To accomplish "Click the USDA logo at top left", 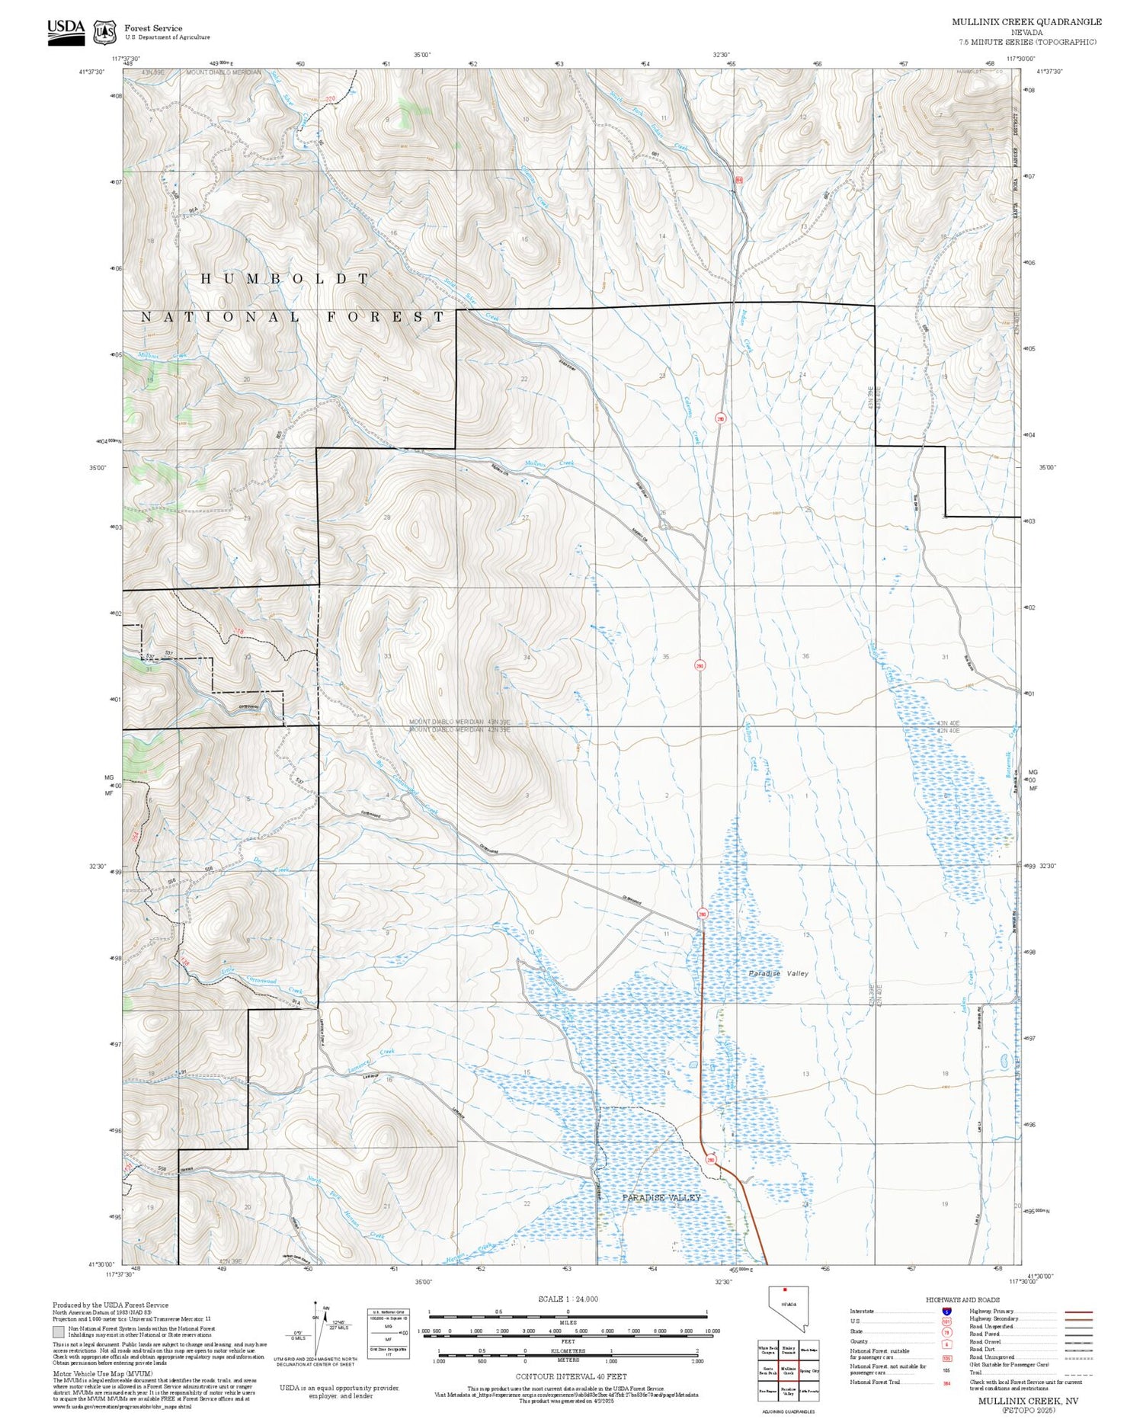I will [x=66, y=31].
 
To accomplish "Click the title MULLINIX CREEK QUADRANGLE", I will [x=1026, y=21].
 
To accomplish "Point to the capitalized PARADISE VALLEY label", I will [x=661, y=1198].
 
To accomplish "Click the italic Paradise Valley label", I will [x=777, y=973].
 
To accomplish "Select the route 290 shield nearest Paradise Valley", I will [x=711, y=1161].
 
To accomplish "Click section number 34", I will [x=527, y=657].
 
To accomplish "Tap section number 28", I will [x=387, y=517].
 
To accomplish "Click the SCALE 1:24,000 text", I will [x=568, y=1299].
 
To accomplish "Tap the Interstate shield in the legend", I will [x=946, y=1311].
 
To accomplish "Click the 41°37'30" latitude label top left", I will [x=91, y=72].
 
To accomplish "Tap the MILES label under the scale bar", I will [x=568, y=1322].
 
